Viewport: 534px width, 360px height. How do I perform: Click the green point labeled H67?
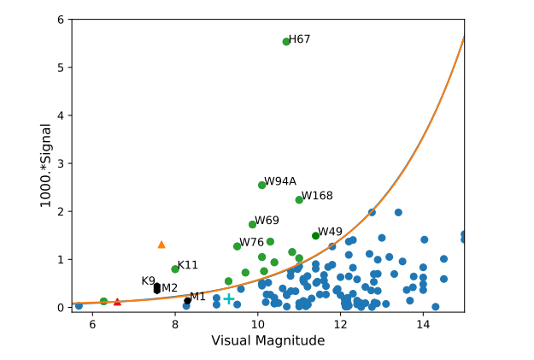point(286,41)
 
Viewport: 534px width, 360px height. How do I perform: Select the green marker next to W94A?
point(261,185)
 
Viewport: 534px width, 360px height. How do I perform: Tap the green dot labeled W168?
point(299,199)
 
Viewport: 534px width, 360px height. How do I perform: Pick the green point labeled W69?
point(252,224)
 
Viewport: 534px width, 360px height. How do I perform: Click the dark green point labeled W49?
point(315,235)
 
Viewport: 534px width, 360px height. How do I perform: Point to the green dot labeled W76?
point(237,246)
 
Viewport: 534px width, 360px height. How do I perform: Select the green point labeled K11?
point(175,269)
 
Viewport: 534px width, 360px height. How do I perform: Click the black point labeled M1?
point(187,300)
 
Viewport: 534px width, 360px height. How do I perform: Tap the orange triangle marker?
point(161,245)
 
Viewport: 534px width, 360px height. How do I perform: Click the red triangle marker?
point(118,302)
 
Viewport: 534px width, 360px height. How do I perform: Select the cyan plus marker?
point(229,298)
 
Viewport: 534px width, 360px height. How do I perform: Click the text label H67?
point(300,39)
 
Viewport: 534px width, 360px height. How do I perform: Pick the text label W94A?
point(280,181)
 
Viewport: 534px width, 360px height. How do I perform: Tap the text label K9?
point(149,280)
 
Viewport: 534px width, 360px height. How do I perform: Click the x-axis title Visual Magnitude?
point(267,341)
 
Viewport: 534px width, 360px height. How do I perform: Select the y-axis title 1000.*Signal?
point(46,165)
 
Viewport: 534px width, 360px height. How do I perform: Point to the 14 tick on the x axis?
point(423,324)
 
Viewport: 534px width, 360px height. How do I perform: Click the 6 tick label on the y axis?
point(61,19)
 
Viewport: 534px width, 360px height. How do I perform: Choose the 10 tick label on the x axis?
point(257,324)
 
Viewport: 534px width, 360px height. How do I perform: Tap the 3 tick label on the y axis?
point(61,163)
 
